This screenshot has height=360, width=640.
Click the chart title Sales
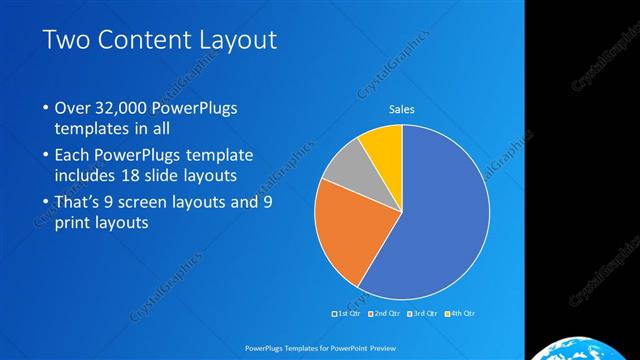click(401, 110)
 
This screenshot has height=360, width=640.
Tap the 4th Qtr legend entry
click(459, 314)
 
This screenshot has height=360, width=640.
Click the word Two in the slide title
click(66, 41)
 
